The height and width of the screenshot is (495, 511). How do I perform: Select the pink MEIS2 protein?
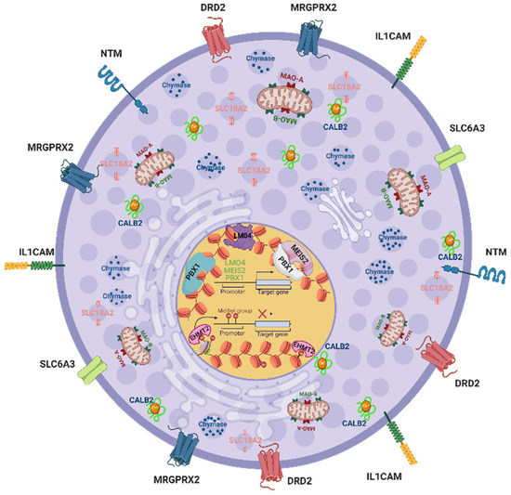303,256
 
